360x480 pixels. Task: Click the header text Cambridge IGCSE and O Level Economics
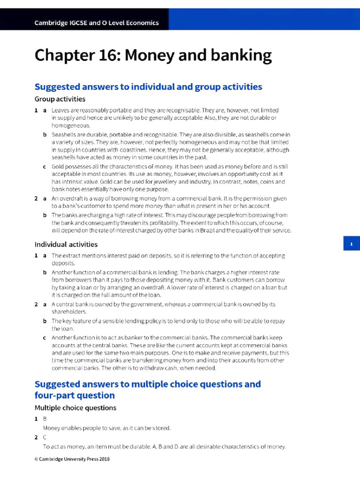97,23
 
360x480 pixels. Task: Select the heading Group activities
60,99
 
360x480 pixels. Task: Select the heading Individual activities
66,244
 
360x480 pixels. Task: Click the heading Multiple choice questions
75,408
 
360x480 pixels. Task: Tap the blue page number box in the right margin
351,244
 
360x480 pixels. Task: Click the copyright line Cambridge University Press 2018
72,459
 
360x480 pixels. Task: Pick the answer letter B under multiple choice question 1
45,419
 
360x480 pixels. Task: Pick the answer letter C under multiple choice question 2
45,437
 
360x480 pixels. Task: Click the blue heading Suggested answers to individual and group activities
148,87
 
